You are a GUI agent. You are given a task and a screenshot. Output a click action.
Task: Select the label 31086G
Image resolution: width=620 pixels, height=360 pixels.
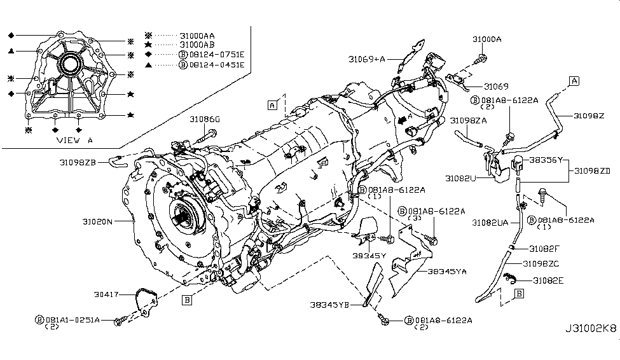click(x=204, y=119)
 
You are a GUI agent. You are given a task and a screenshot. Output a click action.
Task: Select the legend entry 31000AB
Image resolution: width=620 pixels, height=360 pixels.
click(x=198, y=45)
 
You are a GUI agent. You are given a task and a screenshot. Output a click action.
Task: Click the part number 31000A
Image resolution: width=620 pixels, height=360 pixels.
click(x=486, y=39)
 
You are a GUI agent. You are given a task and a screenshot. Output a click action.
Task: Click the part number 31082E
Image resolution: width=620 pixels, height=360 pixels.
click(x=549, y=280)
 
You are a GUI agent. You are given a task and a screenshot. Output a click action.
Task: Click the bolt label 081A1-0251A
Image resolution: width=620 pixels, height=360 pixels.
click(x=74, y=319)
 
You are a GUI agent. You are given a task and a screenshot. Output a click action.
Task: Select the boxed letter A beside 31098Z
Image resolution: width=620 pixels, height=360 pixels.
click(x=574, y=80)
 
